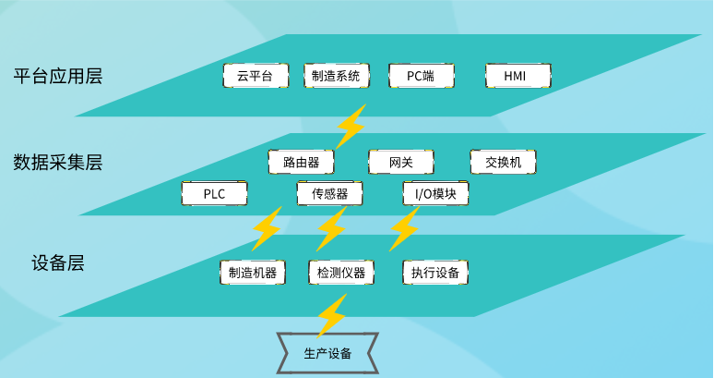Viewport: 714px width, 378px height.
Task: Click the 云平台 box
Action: coord(256,76)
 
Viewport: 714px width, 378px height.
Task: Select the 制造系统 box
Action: coord(337,76)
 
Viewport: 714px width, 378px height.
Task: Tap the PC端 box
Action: coord(422,76)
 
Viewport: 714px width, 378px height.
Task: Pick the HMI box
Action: coord(518,76)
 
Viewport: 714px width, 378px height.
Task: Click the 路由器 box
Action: coord(301,162)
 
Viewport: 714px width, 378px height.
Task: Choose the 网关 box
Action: coord(401,162)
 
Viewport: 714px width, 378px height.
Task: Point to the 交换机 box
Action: coord(503,162)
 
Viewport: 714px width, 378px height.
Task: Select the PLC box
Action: coord(214,193)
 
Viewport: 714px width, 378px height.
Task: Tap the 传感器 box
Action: coord(329,193)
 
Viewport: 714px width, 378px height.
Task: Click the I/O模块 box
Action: coord(435,193)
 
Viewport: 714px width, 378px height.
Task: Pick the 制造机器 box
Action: coord(253,273)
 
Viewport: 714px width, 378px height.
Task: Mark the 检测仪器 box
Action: coord(341,273)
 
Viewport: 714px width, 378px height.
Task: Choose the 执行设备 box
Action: coord(435,273)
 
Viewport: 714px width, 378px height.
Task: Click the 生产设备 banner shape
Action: coord(327,353)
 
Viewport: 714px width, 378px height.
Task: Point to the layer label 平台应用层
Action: coord(58,76)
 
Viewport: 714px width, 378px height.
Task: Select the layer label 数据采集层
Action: coord(58,162)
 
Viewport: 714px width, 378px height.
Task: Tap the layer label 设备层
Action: coord(58,263)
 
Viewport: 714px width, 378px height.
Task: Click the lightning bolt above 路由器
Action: coord(351,127)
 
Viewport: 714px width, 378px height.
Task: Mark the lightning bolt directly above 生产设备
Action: coord(332,315)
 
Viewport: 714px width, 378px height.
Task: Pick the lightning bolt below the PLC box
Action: coord(267,229)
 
